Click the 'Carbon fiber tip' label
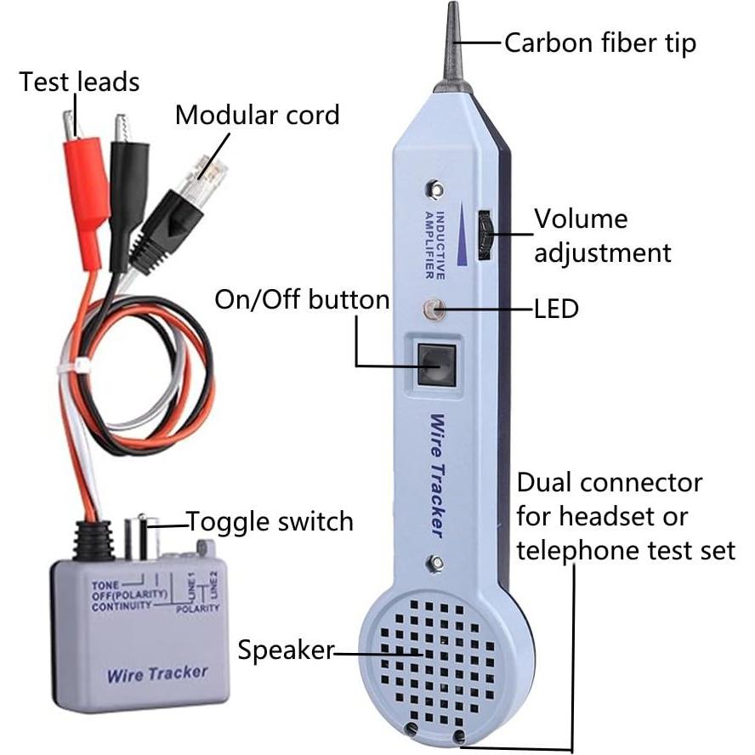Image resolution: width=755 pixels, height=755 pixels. pos(599,42)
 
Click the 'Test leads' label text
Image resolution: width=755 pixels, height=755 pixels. pos(79,82)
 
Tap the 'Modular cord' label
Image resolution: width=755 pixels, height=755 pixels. pos(257,115)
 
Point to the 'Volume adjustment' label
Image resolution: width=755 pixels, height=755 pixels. pos(602,236)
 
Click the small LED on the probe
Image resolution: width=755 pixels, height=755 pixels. pos(435,310)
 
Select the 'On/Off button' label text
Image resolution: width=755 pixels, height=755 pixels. pos(302,299)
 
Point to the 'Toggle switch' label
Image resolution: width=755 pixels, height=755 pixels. pos(270,520)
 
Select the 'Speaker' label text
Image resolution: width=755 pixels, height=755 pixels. pos(285,651)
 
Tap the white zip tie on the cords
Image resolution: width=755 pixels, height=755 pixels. pos(83,365)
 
